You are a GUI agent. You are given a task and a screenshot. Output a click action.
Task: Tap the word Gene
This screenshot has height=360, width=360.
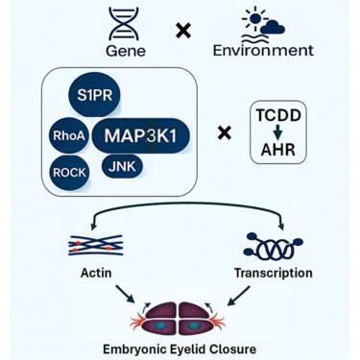tap(126, 51)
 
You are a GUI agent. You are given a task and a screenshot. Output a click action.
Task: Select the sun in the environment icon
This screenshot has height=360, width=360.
tap(254, 18)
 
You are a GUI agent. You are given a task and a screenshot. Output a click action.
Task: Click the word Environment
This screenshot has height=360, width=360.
tap(263, 51)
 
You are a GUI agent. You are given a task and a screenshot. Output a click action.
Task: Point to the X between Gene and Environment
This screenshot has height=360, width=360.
tap(183, 31)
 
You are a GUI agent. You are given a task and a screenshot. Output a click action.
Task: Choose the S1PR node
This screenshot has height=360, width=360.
tap(95, 95)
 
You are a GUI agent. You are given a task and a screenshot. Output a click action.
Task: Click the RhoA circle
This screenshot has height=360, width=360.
tap(69, 135)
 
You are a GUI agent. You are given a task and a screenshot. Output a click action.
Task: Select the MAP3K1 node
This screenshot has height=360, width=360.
tap(141, 135)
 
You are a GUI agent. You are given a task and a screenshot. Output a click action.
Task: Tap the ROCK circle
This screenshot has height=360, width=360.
tap(69, 173)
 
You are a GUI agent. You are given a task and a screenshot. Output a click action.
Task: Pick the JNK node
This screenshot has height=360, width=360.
tap(122, 167)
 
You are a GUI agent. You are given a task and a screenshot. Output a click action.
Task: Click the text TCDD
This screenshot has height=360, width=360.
tap(278, 115)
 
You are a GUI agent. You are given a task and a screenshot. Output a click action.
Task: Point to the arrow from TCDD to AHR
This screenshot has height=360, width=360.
tap(277, 132)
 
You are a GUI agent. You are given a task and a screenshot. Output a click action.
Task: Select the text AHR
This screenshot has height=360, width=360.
tap(278, 150)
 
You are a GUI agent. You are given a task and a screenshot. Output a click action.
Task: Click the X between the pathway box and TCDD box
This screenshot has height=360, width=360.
tap(225, 132)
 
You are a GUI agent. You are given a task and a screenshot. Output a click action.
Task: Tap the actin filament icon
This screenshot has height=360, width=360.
tap(95, 245)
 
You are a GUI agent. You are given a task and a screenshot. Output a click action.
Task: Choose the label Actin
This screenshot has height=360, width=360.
tap(96, 273)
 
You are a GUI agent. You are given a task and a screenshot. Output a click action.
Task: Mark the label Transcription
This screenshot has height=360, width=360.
tap(274, 274)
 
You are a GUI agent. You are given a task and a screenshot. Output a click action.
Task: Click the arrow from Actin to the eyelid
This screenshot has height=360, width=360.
tap(125, 294)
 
